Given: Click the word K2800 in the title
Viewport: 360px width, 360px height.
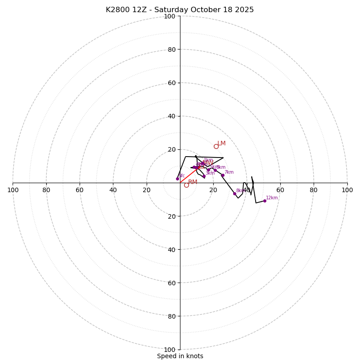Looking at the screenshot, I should coord(117,10).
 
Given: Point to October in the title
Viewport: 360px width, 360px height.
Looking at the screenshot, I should coord(210,10).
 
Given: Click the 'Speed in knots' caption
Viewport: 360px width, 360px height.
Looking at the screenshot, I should coord(180,356).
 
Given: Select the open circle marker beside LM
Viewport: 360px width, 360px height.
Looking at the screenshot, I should coord(216,146).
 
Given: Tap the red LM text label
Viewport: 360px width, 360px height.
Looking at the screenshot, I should coord(221,144).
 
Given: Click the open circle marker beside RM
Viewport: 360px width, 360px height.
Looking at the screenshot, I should coord(186,185).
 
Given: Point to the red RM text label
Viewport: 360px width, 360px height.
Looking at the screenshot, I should coord(193,182).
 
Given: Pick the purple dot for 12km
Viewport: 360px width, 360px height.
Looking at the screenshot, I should coord(265,201).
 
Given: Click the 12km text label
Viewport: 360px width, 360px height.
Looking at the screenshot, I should coord(272,198).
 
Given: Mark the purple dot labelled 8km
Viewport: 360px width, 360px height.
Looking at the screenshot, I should coord(234,193).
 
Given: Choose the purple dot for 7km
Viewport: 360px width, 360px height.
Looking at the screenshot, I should coord(223,175).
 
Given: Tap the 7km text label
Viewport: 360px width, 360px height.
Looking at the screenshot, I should coord(229,172).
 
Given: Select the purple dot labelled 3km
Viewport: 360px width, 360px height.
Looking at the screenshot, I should coord(204,176).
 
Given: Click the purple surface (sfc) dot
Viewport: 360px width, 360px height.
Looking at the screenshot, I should coord(177,179).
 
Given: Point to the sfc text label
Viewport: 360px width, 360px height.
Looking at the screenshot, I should coord(182,176).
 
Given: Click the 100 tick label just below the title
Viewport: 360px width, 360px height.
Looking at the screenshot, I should coord(170,17).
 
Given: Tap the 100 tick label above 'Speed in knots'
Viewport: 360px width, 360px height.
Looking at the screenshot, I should coord(170,349).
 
